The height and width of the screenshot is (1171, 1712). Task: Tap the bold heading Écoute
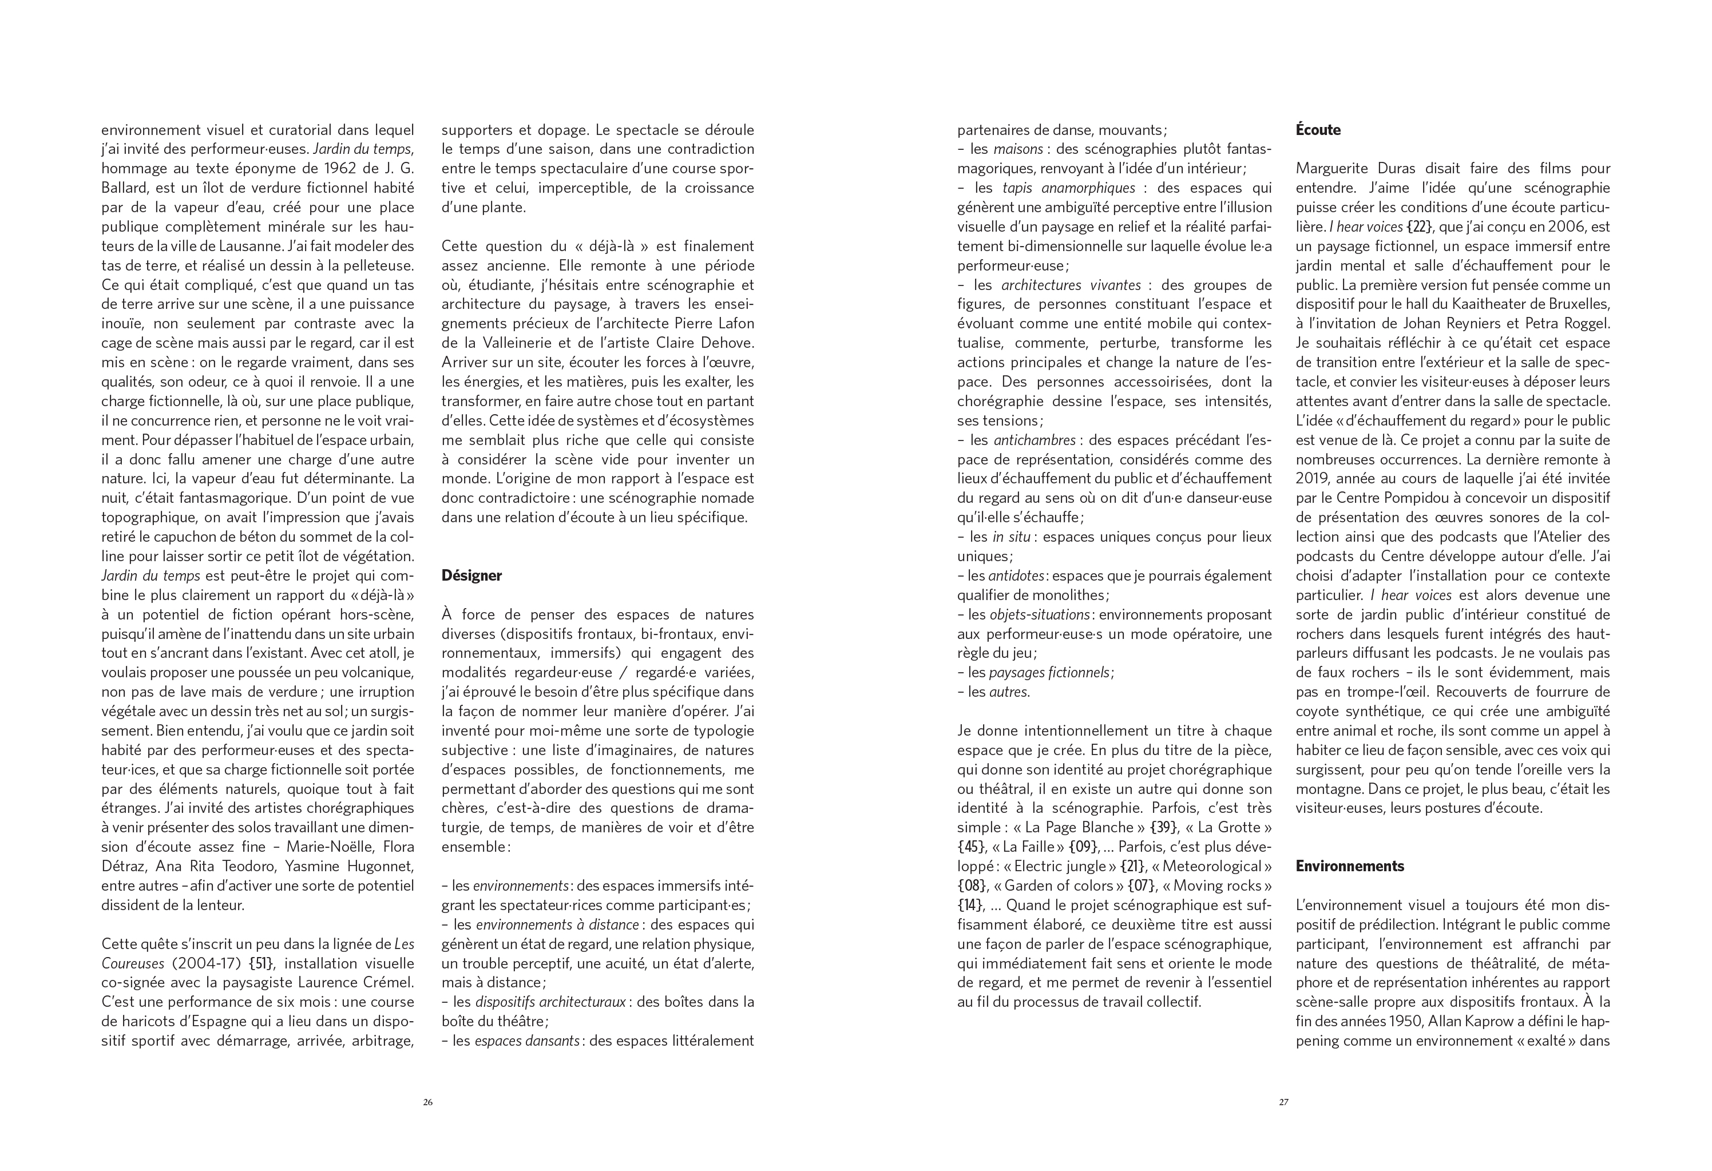[x=1318, y=130]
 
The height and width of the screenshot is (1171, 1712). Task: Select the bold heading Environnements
[x=1350, y=866]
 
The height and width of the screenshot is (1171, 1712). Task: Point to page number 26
[x=427, y=1102]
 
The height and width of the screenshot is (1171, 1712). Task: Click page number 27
[x=1283, y=1102]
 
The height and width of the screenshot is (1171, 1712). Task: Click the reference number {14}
[x=972, y=905]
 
